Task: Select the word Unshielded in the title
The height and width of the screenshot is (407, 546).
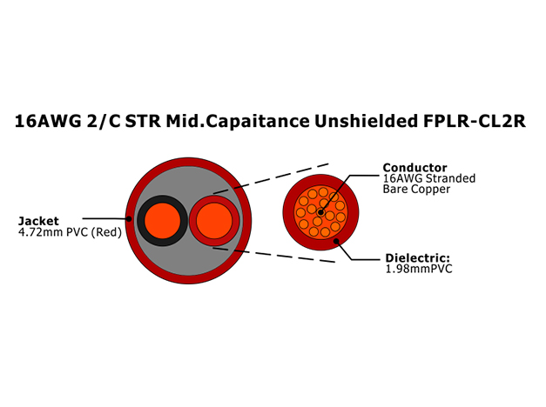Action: tap(367, 121)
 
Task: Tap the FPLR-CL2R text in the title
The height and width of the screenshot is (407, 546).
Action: tap(475, 121)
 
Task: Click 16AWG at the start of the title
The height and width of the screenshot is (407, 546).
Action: tap(48, 122)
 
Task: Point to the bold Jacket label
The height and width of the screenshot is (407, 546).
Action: tap(38, 221)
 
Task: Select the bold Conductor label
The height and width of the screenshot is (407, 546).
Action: tap(415, 167)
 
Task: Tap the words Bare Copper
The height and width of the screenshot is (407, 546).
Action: tap(416, 190)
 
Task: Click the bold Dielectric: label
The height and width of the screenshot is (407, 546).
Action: tap(417, 258)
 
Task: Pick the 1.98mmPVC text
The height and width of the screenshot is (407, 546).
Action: tap(419, 269)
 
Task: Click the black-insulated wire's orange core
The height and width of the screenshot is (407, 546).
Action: tap(163, 221)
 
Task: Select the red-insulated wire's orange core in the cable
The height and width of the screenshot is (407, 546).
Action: tap(214, 221)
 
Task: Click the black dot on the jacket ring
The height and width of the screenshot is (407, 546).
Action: tap(129, 219)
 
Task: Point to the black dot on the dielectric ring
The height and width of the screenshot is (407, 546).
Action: tap(336, 241)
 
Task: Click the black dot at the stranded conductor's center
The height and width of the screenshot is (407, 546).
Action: tap(320, 212)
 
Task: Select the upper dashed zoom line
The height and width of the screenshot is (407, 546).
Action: tap(271, 178)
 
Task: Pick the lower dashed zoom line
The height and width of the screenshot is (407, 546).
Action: tap(274, 255)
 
